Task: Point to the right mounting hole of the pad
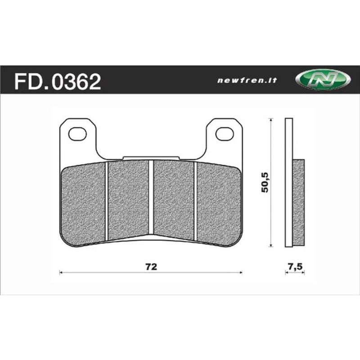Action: tap(225, 133)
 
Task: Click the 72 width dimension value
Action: tap(151, 266)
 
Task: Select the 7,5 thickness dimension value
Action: tap(295, 266)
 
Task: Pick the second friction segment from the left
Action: tap(128, 198)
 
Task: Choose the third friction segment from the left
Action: tap(174, 198)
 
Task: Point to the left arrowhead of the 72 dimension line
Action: tap(61, 272)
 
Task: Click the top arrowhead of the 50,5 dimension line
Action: tap(270, 120)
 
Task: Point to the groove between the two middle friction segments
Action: tap(151, 198)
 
